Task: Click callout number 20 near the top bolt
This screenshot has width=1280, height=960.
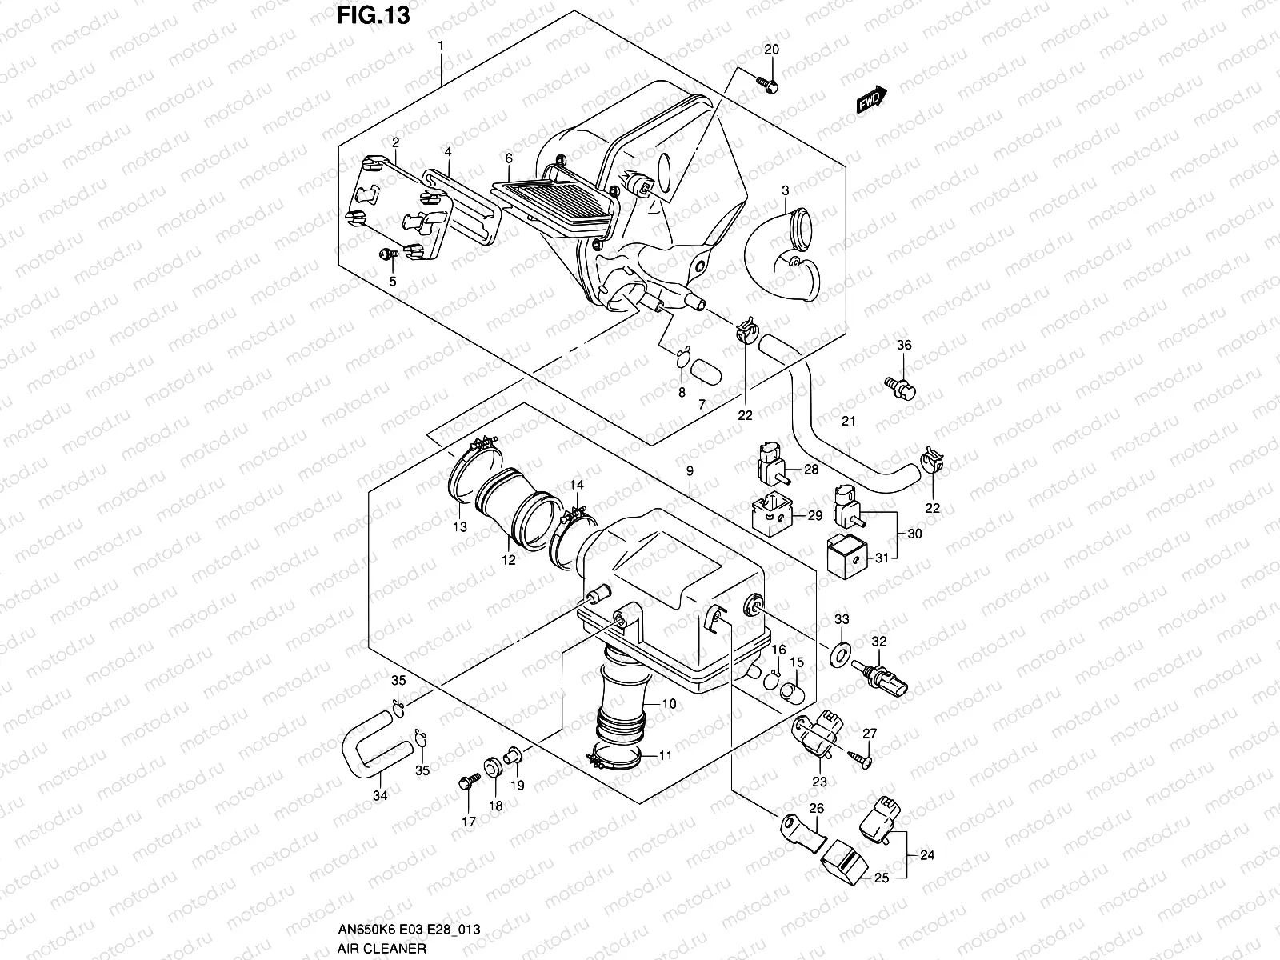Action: [771, 50]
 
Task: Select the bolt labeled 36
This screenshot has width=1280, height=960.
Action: [902, 387]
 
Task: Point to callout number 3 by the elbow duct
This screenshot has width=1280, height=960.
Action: [786, 190]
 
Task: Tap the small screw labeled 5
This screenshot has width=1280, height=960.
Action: [387, 254]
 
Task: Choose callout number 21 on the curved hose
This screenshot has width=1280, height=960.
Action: [849, 422]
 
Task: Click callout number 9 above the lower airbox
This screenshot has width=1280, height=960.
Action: [690, 472]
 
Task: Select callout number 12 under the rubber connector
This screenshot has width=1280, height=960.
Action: [509, 560]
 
